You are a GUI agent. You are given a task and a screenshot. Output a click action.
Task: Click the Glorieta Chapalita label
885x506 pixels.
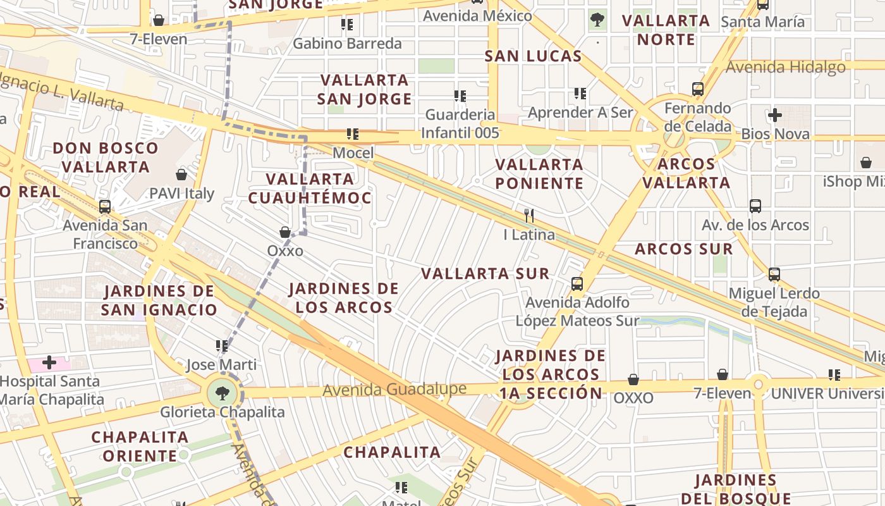coord(222,412)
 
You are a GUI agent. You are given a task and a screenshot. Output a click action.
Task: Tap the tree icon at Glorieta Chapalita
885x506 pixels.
coord(222,393)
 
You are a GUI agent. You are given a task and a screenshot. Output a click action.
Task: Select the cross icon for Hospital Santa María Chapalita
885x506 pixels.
coord(49,363)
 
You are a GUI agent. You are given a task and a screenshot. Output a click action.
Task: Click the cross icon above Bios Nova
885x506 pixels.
coord(775,115)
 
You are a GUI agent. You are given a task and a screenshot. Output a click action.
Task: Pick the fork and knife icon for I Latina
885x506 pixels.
coord(529,216)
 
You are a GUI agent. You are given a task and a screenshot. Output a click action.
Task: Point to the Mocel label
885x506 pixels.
coord(353,153)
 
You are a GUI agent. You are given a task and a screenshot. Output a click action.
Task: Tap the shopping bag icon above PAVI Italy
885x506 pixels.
coord(181,175)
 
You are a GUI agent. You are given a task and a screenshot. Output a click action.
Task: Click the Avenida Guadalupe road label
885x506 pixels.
coord(394,389)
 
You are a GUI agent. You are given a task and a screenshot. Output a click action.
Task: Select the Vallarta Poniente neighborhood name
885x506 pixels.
coord(539,174)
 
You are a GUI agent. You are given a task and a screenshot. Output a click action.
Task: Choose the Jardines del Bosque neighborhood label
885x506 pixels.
coord(743,489)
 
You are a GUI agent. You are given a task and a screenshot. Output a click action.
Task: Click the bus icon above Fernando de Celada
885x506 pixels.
coord(698,89)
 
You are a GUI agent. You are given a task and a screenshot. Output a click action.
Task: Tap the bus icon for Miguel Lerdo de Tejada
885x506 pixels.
coord(774,275)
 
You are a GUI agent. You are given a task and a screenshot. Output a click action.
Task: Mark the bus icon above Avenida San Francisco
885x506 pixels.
coord(105,207)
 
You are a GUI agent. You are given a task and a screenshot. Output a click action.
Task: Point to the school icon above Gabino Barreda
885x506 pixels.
coord(347,25)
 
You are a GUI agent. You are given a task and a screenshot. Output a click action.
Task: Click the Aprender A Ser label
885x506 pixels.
coord(580,113)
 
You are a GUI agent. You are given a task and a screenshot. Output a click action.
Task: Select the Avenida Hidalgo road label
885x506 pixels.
coord(785,67)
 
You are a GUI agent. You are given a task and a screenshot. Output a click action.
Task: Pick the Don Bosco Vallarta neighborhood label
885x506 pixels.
coord(106,157)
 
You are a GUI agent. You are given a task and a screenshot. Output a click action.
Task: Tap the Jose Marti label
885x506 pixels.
coord(221,365)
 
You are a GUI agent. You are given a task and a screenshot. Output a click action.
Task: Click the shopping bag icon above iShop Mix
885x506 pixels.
coord(866,163)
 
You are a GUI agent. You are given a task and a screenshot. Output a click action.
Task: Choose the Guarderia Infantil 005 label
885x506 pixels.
coord(460,124)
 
